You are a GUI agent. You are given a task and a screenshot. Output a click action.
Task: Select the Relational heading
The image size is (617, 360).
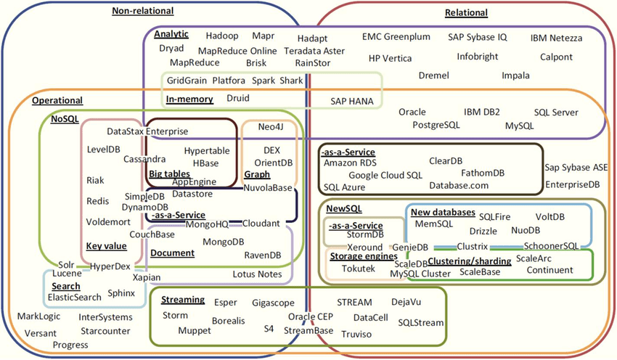(466, 12)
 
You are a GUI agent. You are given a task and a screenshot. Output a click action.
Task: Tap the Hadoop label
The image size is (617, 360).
(222, 36)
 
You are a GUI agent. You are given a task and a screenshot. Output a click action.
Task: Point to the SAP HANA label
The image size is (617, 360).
(354, 102)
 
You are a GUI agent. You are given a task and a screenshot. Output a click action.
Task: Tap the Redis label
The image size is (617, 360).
(97, 200)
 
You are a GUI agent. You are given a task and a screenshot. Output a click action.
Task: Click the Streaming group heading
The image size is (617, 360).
(183, 300)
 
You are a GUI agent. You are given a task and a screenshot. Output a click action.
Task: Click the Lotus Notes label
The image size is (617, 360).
(257, 274)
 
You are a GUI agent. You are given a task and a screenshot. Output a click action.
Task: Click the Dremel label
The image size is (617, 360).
(434, 75)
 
